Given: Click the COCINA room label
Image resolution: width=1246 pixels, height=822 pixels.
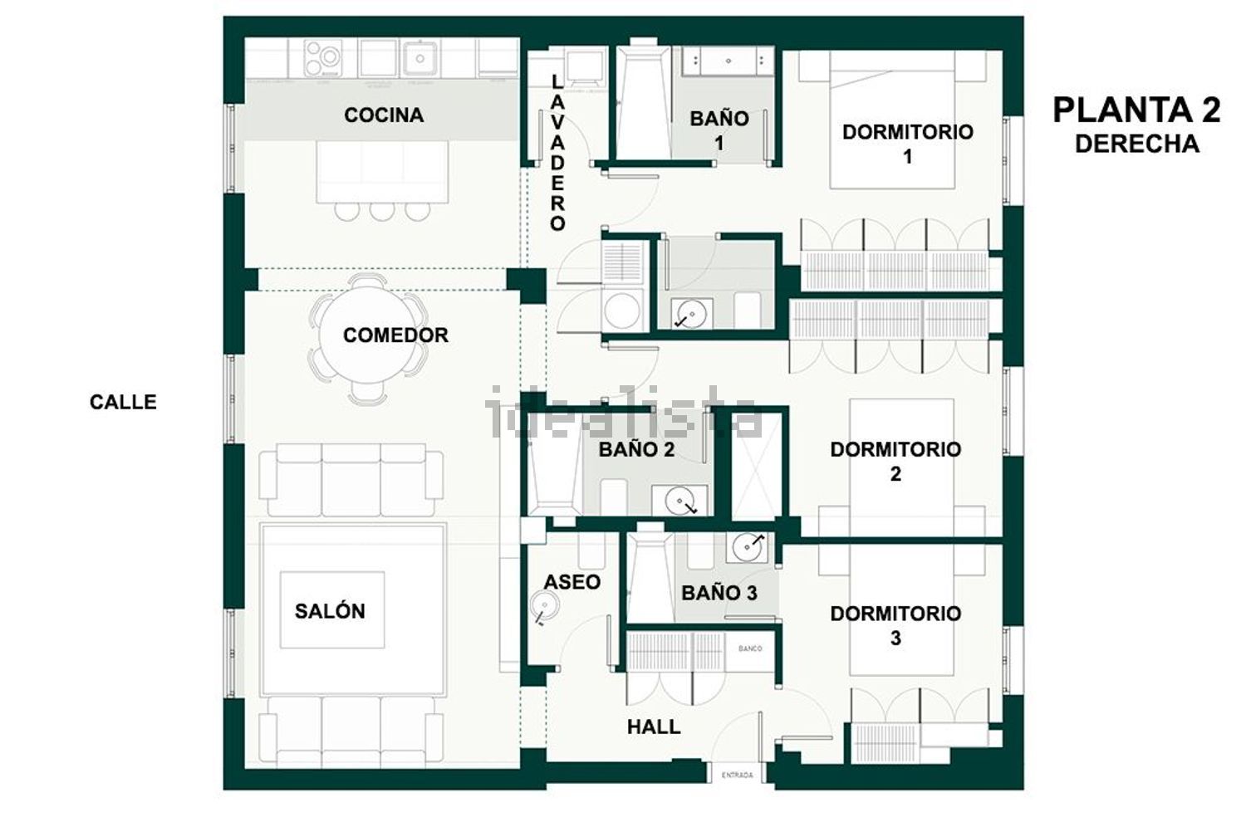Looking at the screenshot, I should pyautogui.click(x=384, y=115).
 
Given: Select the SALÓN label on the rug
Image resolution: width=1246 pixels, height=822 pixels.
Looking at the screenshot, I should pyautogui.click(x=330, y=611).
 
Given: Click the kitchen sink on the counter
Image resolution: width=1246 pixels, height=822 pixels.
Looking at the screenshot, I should pyautogui.click(x=421, y=58).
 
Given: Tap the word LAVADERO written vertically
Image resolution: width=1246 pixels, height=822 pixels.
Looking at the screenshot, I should pyautogui.click(x=557, y=152).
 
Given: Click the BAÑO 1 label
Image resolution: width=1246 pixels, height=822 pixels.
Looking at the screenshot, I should pyautogui.click(x=719, y=130).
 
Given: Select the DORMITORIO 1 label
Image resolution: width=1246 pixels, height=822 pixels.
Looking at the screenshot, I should pyautogui.click(x=907, y=144).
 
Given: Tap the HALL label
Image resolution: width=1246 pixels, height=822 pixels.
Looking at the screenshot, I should pyautogui.click(x=654, y=727).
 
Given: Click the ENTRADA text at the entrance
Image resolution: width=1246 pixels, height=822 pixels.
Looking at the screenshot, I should pyautogui.click(x=737, y=776).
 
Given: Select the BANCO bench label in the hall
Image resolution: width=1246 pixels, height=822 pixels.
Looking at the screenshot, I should pyautogui.click(x=750, y=648).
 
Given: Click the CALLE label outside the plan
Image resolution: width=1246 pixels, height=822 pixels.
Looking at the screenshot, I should pyautogui.click(x=123, y=402).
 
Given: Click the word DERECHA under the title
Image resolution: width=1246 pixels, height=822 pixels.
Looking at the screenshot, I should pyautogui.click(x=1136, y=144).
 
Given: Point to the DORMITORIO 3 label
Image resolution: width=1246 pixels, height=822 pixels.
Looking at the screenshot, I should pyautogui.click(x=895, y=625).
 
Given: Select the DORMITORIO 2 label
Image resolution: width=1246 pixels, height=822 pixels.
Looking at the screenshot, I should pyautogui.click(x=895, y=462).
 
